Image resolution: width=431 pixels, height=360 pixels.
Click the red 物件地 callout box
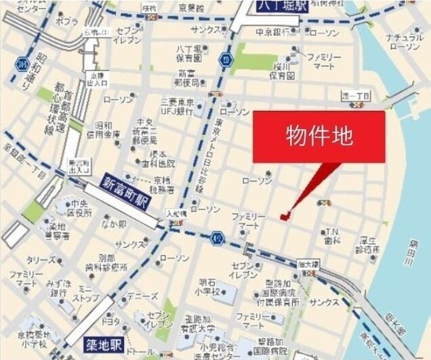319,136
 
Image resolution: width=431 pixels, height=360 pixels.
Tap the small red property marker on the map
285,216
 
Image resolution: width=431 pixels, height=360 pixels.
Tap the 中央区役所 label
79,209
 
